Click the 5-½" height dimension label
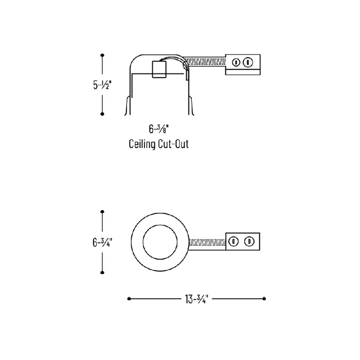point(102,85)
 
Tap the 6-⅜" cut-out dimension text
point(158,129)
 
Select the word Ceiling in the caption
point(142,145)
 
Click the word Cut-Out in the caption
point(174,144)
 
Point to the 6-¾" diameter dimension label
point(102,242)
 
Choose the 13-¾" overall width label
point(196,299)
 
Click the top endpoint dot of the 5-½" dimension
point(102,55)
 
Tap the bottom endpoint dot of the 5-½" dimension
point(102,114)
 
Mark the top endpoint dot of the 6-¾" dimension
point(102,211)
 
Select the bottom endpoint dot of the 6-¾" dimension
point(102,273)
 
